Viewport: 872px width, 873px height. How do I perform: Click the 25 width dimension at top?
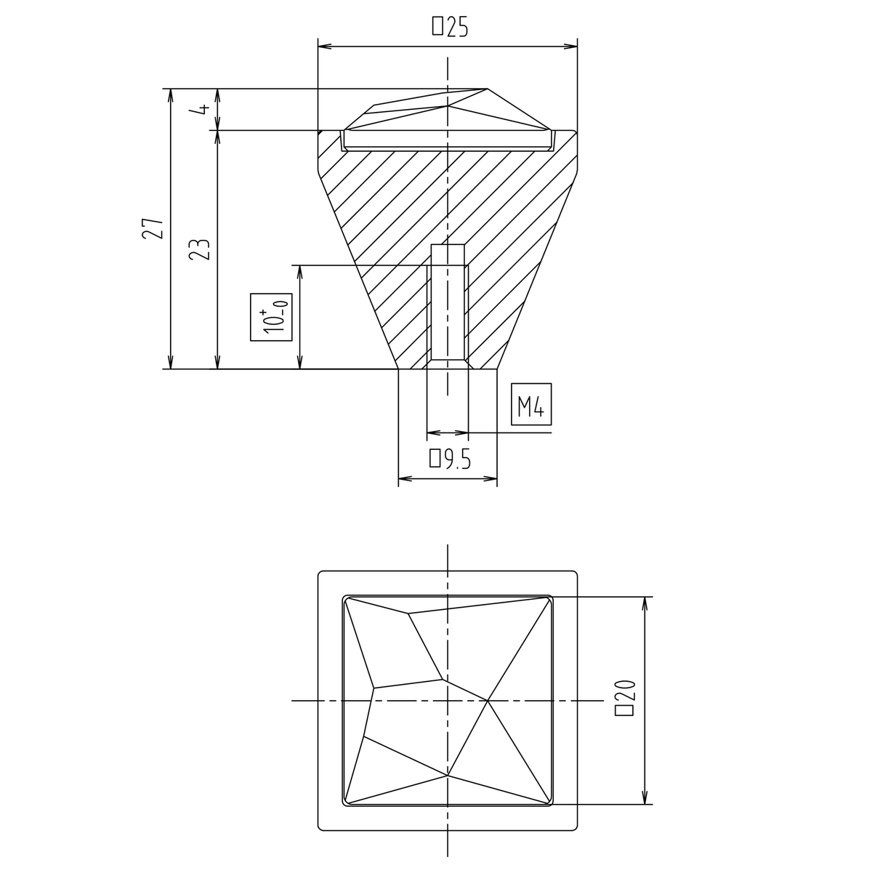coord(449,26)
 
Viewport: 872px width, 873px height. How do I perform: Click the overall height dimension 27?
coord(153,228)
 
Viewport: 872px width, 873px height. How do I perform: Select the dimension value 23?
coord(200,249)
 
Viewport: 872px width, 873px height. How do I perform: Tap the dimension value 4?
coord(204,109)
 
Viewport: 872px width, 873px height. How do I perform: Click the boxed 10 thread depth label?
coord(271,317)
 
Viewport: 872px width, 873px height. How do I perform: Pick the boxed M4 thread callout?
coord(531,404)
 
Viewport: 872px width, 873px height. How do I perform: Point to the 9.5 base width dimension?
coord(451,459)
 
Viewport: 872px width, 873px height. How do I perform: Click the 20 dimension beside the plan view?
coord(625,698)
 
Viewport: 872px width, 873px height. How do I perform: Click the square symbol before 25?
coord(437,26)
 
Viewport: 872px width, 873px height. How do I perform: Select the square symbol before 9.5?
coord(435,459)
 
